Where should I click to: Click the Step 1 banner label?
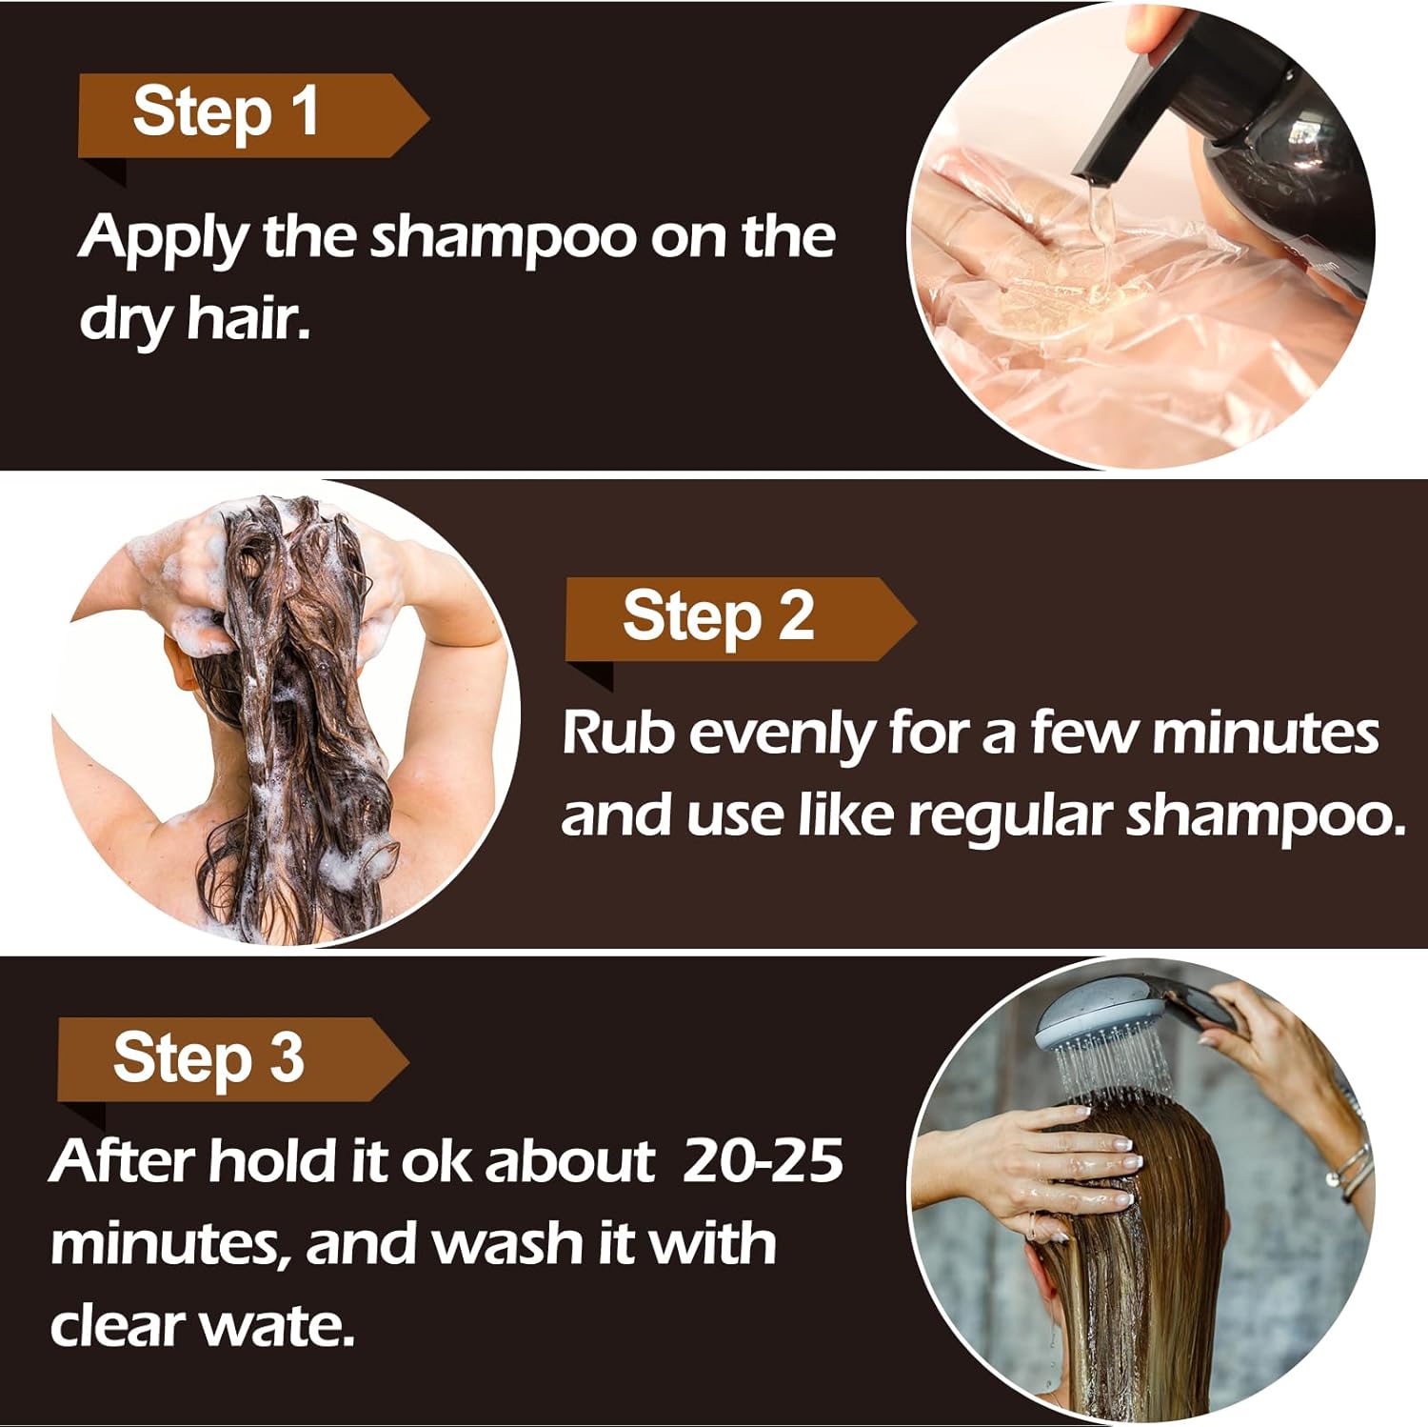tap(226, 113)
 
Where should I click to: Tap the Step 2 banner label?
tap(719, 617)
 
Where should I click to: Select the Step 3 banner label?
tap(208, 1058)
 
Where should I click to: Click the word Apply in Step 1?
tap(163, 238)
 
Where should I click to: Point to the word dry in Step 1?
tap(125, 320)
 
